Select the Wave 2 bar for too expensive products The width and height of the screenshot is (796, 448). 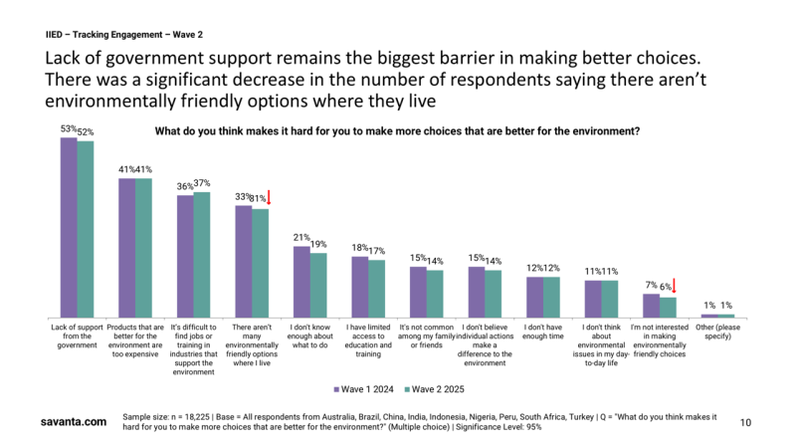click(x=143, y=248)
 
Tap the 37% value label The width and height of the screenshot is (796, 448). click(x=203, y=183)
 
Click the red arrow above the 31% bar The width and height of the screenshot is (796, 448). click(x=269, y=197)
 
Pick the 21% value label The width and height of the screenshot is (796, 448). click(x=300, y=237)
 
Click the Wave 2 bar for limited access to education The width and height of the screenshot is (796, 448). click(x=376, y=289)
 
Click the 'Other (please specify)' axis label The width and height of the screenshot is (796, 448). click(x=716, y=333)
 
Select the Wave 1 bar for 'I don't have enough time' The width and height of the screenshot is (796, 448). click(x=534, y=297)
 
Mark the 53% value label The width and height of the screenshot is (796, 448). click(x=68, y=129)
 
